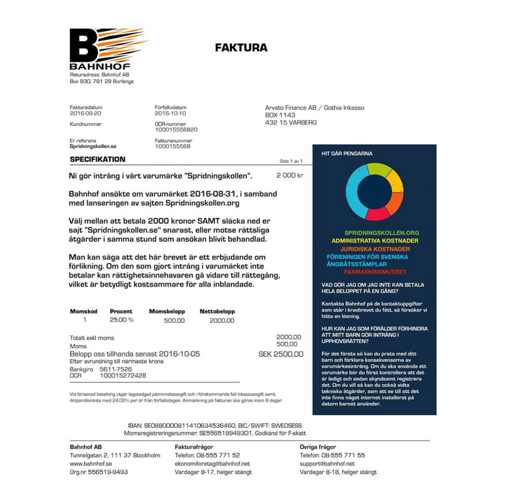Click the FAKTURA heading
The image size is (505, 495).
pos(241,48)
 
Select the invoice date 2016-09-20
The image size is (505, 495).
pos(86,113)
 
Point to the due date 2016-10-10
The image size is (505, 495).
pos(170,113)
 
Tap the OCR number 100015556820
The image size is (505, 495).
pos(176,129)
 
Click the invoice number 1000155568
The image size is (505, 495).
pos(172,146)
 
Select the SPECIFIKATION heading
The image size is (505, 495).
pos(97,159)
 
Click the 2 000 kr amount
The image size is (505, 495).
pos(290,175)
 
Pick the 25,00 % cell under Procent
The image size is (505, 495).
pos(122,320)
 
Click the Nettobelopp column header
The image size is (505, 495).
pos(217,311)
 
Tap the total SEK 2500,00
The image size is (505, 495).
pos(281,354)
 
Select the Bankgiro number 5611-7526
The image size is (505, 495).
pos(116,369)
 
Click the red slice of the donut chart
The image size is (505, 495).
pos(378,214)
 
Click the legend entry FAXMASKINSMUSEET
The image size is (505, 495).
pos(375,272)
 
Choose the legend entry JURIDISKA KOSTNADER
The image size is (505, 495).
pos(375,249)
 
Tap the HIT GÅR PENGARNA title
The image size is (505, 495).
pos(347,154)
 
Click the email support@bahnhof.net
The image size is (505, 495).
pos(327,464)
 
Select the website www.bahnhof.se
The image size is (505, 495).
pos(91,464)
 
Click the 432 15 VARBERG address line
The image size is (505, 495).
pos(291,123)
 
